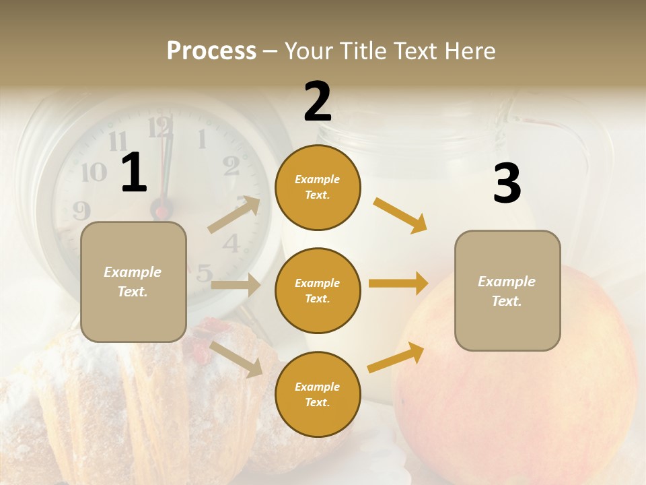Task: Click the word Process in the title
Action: click(211, 51)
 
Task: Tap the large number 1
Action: click(134, 173)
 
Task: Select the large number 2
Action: click(318, 102)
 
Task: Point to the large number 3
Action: click(507, 184)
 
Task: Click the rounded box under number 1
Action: click(133, 282)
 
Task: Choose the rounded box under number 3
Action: click(507, 290)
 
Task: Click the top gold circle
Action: click(318, 187)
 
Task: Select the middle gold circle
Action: click(318, 290)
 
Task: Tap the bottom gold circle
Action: click(318, 394)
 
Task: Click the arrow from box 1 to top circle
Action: click(234, 215)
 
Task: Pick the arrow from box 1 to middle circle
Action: click(236, 285)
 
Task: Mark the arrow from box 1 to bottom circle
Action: click(236, 359)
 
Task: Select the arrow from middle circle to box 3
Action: click(398, 283)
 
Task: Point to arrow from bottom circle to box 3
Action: click(396, 358)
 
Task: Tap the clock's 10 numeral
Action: click(94, 172)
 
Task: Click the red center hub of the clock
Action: click(161, 212)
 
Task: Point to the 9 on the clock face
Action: click(81, 211)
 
